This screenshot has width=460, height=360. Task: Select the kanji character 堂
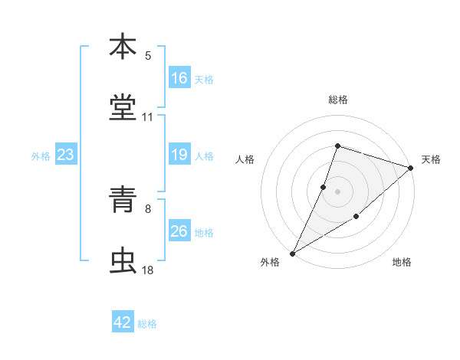pyautogui.click(x=123, y=107)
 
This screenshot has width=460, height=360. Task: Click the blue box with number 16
pyautogui.click(x=179, y=78)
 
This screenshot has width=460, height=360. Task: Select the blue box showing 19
pyautogui.click(x=179, y=155)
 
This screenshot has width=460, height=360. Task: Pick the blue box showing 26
pyautogui.click(x=179, y=231)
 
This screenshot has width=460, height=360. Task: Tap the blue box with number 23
pyautogui.click(x=66, y=155)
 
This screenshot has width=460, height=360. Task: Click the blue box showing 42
pyautogui.click(x=123, y=322)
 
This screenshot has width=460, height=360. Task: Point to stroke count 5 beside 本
pyautogui.click(x=148, y=56)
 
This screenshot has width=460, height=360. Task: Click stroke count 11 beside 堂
pyautogui.click(x=148, y=117)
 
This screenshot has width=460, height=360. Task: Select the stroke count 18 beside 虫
pyautogui.click(x=148, y=270)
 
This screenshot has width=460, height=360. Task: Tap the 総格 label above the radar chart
pyautogui.click(x=337, y=100)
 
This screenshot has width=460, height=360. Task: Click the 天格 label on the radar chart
pyautogui.click(x=431, y=159)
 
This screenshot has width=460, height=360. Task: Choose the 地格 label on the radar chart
pyautogui.click(x=402, y=262)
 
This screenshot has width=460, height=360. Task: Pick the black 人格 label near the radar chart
pyautogui.click(x=245, y=159)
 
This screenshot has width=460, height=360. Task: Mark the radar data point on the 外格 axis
pyautogui.click(x=292, y=253)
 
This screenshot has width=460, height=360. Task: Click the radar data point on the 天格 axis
pyautogui.click(x=411, y=168)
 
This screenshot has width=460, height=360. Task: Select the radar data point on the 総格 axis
pyautogui.click(x=337, y=146)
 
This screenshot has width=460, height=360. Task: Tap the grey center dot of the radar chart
pyautogui.click(x=337, y=191)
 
